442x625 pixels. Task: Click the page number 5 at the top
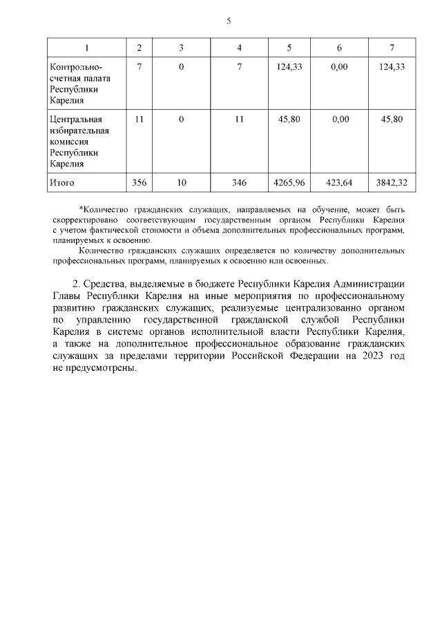(x=229, y=21)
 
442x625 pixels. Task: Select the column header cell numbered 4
(x=239, y=48)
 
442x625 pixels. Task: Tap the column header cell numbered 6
(x=339, y=48)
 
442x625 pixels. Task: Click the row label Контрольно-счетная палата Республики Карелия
(x=75, y=84)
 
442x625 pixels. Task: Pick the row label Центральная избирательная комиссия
(x=75, y=141)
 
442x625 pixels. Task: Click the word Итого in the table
(x=61, y=182)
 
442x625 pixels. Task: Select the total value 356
(x=140, y=182)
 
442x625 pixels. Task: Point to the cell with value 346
(x=239, y=182)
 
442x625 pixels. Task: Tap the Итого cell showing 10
(x=181, y=182)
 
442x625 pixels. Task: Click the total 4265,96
(x=289, y=182)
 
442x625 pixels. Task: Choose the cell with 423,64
(x=339, y=182)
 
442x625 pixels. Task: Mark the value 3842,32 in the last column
(x=392, y=182)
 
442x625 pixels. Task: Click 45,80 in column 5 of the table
(x=289, y=119)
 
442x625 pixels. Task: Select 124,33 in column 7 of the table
(x=392, y=67)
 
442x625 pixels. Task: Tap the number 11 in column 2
(x=140, y=119)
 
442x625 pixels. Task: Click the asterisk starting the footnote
(x=81, y=208)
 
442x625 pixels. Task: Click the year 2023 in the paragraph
(x=370, y=356)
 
